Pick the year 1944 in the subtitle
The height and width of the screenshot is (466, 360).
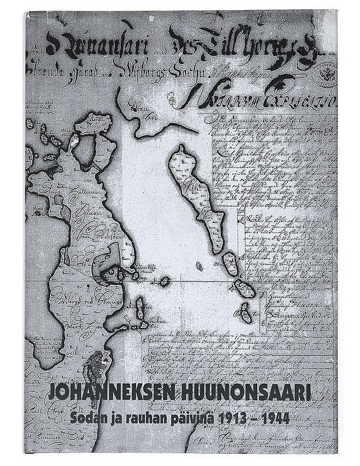point(274,417)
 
